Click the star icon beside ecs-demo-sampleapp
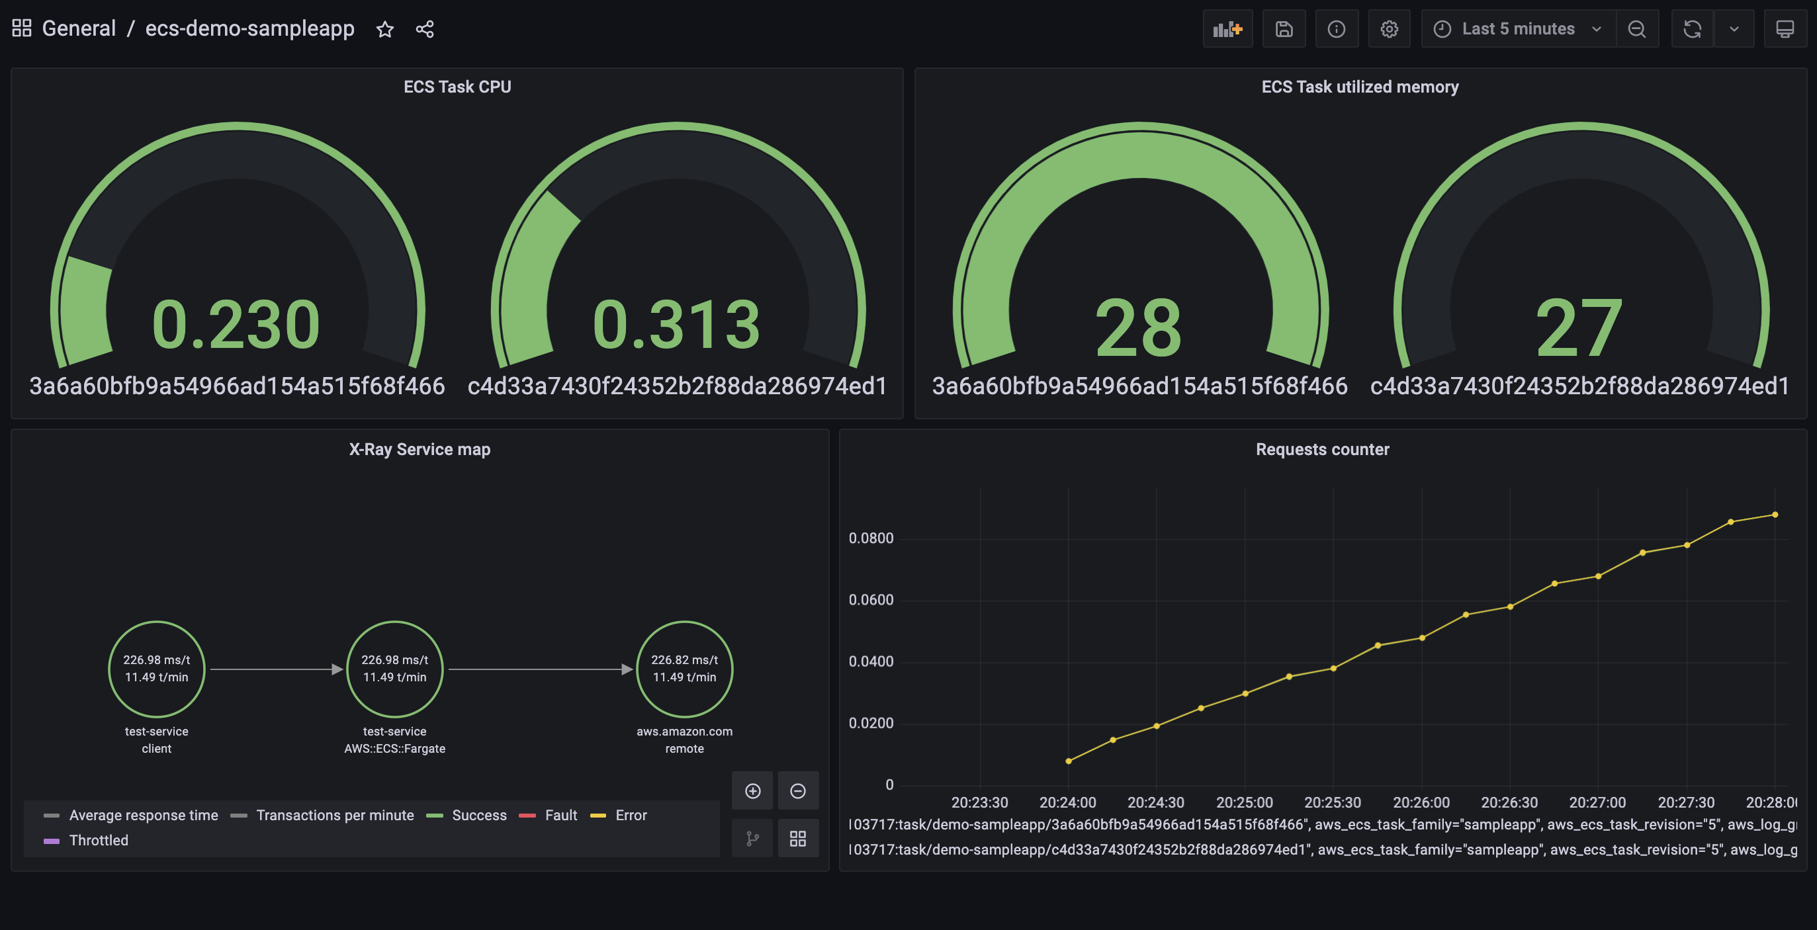point(384,29)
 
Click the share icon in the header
point(425,29)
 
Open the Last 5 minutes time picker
point(1517,29)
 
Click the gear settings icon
point(1389,29)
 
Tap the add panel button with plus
point(1227,29)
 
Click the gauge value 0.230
point(236,324)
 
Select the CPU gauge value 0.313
point(676,324)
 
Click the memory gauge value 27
point(1579,327)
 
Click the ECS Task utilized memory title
point(1359,87)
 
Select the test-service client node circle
point(157,669)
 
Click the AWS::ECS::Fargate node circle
point(394,669)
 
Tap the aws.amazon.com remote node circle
point(684,669)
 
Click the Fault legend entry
point(560,815)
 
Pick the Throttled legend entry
point(98,841)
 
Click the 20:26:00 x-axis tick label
point(1421,802)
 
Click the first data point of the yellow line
point(1069,761)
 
